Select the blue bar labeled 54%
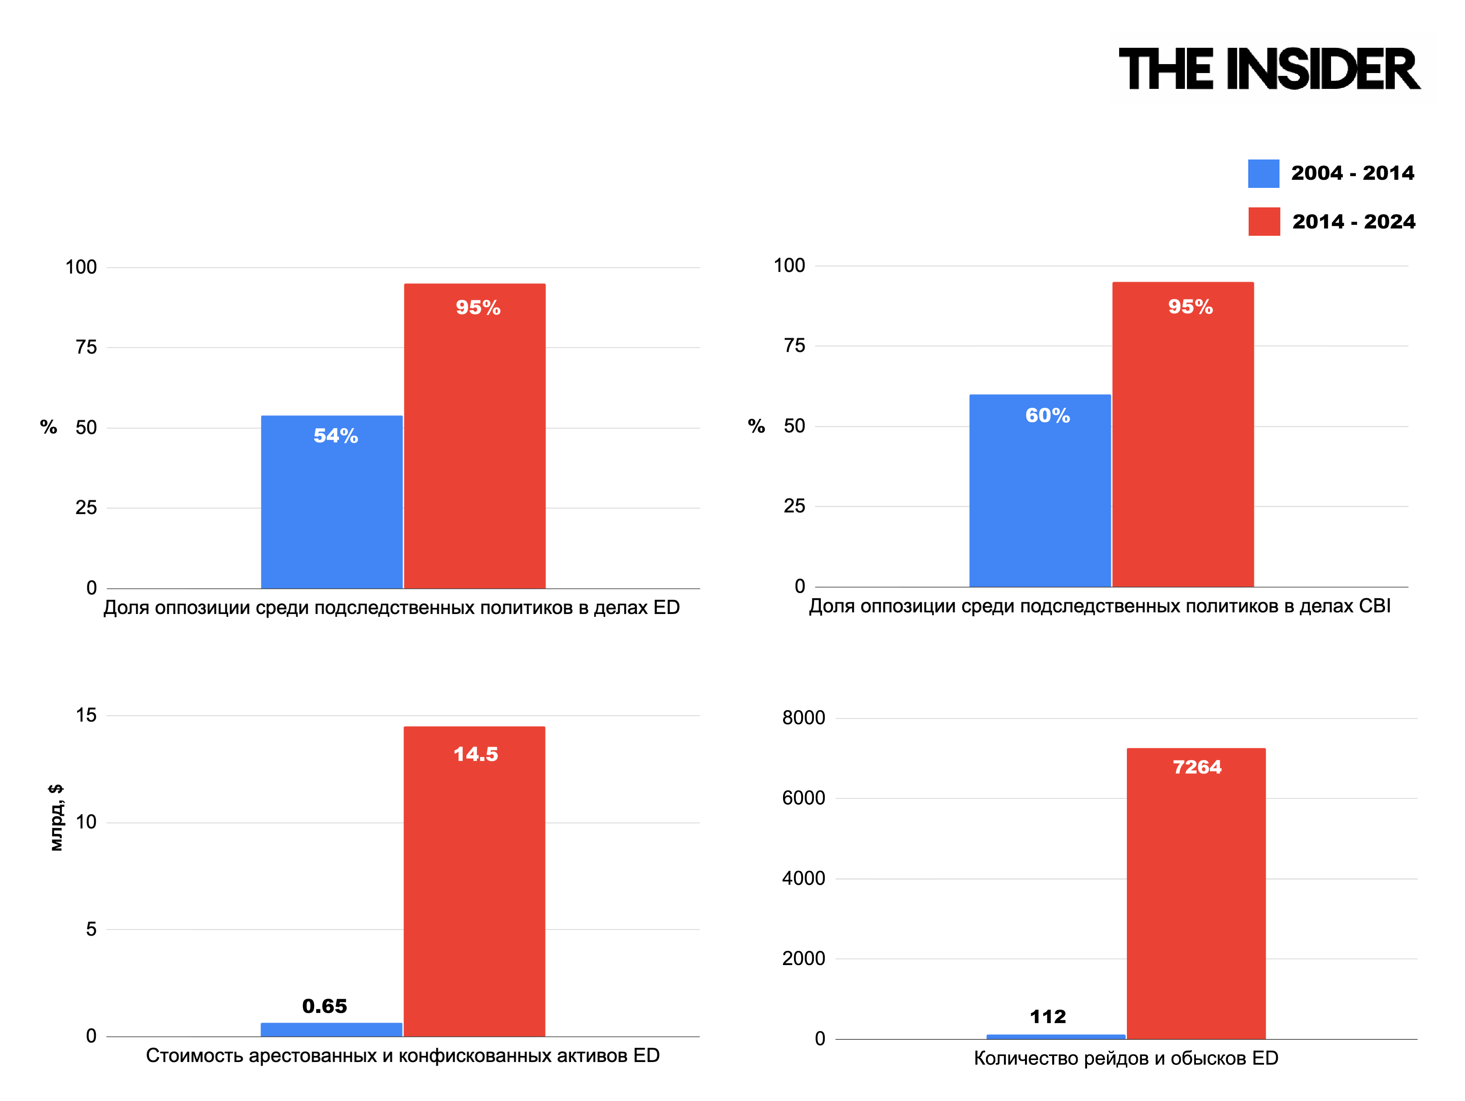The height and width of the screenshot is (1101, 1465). tap(332, 502)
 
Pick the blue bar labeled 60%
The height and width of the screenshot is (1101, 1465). tap(1040, 491)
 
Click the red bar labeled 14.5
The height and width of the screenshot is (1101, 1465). tap(474, 881)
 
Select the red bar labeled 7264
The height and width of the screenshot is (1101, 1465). tap(1196, 894)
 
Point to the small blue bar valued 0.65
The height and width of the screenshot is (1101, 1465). tap(331, 1030)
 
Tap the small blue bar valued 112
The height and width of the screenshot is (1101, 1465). tap(1056, 1037)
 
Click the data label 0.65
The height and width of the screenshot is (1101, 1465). tap(324, 1006)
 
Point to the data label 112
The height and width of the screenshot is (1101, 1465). tap(1048, 1017)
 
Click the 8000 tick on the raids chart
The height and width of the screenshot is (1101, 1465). tap(803, 717)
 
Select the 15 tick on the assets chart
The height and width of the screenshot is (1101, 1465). tap(86, 715)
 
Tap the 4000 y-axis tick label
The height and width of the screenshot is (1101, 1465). tap(803, 879)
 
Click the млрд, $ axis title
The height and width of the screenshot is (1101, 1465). tap(56, 818)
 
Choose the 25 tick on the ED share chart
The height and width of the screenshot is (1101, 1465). tap(86, 508)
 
